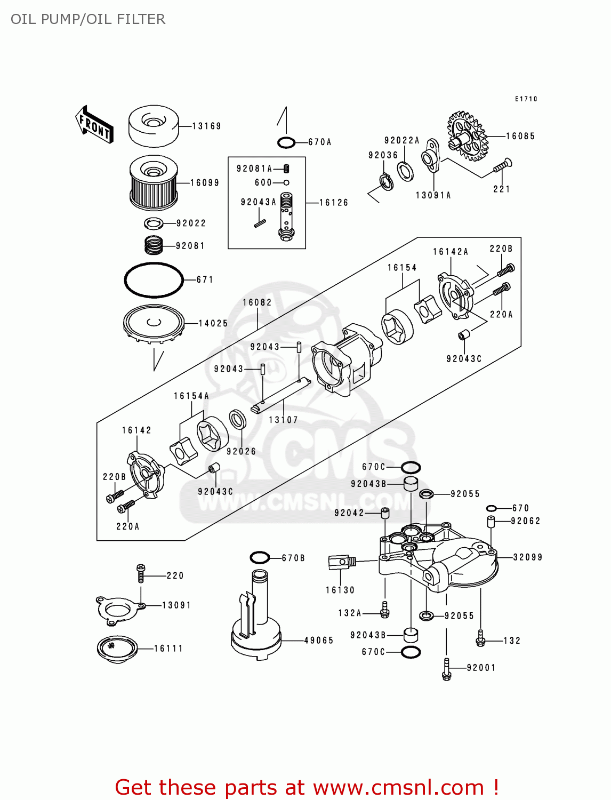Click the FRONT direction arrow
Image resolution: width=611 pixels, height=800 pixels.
tap(94, 124)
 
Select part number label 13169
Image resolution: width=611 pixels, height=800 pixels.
tap(206, 126)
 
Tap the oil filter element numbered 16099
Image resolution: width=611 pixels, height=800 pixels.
tap(154, 183)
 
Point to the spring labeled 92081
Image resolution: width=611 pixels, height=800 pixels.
tap(154, 245)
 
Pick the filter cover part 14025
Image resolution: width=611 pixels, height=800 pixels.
tap(154, 323)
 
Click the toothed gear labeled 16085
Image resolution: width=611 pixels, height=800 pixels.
tap(468, 136)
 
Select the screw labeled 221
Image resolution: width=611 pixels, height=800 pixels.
tap(502, 166)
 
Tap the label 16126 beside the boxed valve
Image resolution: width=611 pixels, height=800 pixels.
tap(333, 203)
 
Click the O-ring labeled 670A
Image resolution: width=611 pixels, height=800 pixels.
tap(286, 142)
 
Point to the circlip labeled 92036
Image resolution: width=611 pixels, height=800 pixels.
tap(387, 181)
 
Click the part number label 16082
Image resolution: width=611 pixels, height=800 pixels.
tap(257, 302)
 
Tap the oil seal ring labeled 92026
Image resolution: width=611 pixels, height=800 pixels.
tap(237, 419)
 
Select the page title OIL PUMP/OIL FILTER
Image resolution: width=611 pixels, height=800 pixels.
tap(88, 19)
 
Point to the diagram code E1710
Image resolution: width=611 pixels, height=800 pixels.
tap(526, 99)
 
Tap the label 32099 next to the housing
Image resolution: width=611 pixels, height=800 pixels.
tap(527, 557)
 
